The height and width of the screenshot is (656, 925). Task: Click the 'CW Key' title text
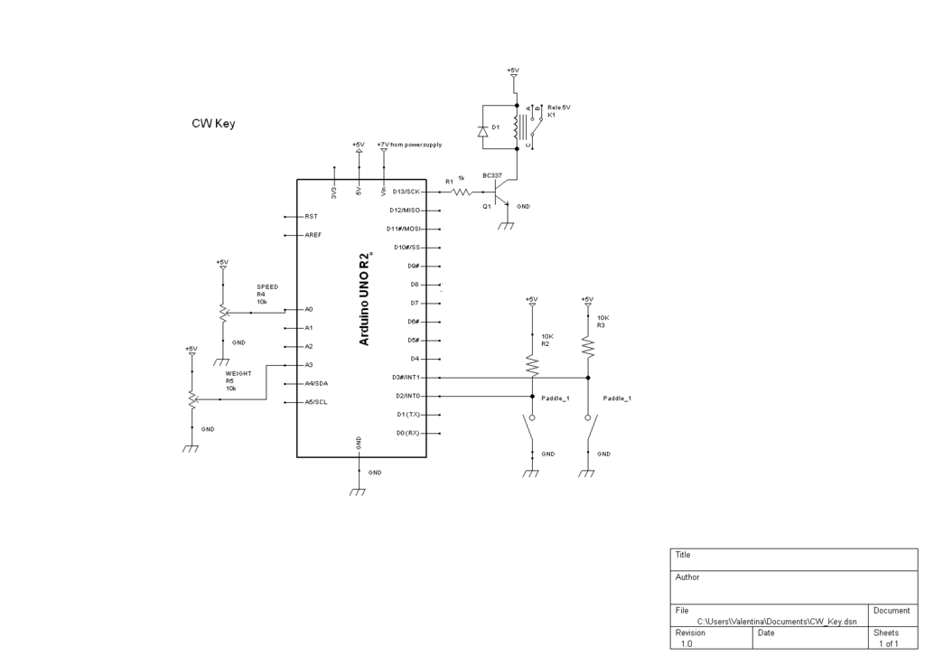click(213, 123)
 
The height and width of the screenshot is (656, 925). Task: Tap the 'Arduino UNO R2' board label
click(364, 298)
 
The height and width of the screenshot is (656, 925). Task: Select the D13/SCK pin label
click(406, 192)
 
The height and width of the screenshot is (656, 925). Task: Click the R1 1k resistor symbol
click(462, 192)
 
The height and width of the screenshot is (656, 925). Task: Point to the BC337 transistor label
click(492, 175)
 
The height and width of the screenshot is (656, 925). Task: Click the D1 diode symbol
click(482, 132)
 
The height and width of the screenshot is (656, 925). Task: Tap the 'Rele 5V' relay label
click(559, 108)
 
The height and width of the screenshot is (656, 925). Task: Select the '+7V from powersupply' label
click(409, 145)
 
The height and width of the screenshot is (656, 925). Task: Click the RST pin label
click(311, 217)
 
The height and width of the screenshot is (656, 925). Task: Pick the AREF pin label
click(313, 235)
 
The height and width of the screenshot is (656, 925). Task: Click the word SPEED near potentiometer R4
click(267, 286)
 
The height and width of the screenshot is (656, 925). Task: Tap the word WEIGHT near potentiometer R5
click(238, 373)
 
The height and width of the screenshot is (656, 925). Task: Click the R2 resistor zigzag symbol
click(531, 364)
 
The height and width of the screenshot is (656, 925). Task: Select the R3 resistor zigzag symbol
click(587, 346)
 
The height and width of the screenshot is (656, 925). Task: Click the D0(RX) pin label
click(408, 433)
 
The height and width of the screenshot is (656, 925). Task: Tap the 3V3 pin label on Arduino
click(334, 192)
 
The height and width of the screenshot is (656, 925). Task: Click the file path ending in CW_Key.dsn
click(777, 622)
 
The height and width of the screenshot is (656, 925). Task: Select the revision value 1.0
click(687, 644)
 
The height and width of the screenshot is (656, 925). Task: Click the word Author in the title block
click(687, 576)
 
